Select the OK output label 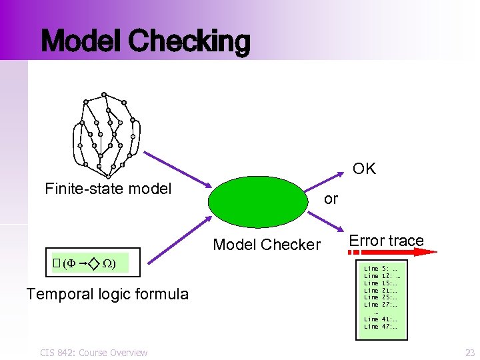click(x=364, y=169)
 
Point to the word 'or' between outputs click(x=331, y=199)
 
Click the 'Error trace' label click(x=386, y=241)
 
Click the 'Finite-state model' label click(x=108, y=189)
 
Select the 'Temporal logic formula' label click(x=107, y=294)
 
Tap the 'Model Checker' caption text click(x=267, y=245)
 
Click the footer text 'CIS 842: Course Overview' click(x=93, y=352)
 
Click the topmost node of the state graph click(x=104, y=94)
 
